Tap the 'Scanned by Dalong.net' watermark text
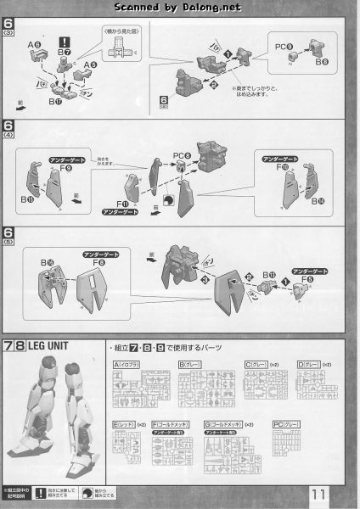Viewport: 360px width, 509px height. click(180, 7)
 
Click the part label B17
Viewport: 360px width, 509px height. click(55, 102)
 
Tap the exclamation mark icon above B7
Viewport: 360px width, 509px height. click(64, 42)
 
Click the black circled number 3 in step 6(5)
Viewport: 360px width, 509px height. click(203, 278)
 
